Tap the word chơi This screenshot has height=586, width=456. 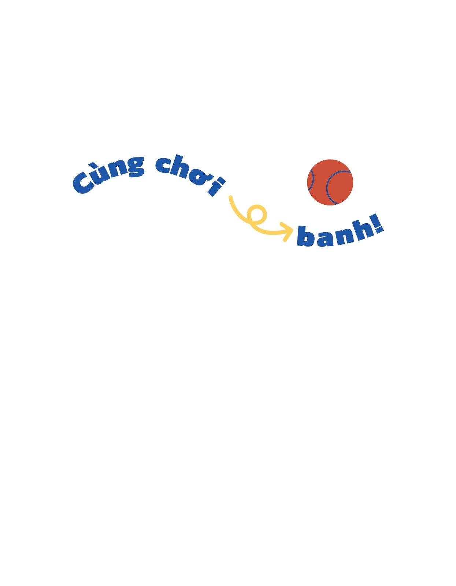(190, 174)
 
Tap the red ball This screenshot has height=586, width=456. (330, 182)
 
